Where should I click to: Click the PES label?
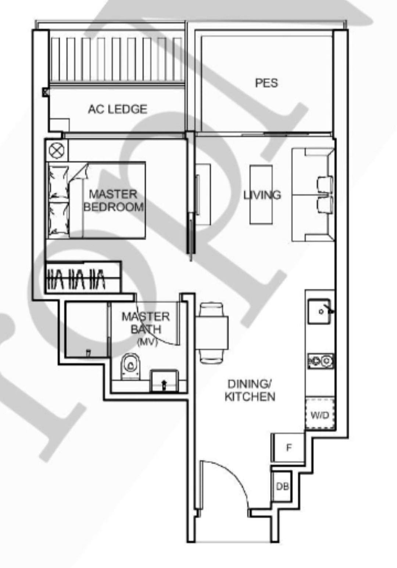[x=267, y=83]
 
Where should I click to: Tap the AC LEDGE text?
[x=118, y=109]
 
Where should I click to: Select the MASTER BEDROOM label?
[x=114, y=200]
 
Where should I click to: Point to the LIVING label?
[x=262, y=195]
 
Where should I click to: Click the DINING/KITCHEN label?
[x=250, y=390]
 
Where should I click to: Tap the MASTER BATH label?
[x=146, y=322]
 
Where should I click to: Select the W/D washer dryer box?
[x=320, y=414]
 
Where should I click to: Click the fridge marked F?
[x=289, y=447]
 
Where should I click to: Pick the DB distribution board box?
[x=282, y=486]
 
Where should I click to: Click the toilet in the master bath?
[x=130, y=366]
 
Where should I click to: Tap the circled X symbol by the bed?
[x=57, y=150]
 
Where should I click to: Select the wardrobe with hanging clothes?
[x=83, y=278]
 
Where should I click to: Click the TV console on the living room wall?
[x=203, y=194]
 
